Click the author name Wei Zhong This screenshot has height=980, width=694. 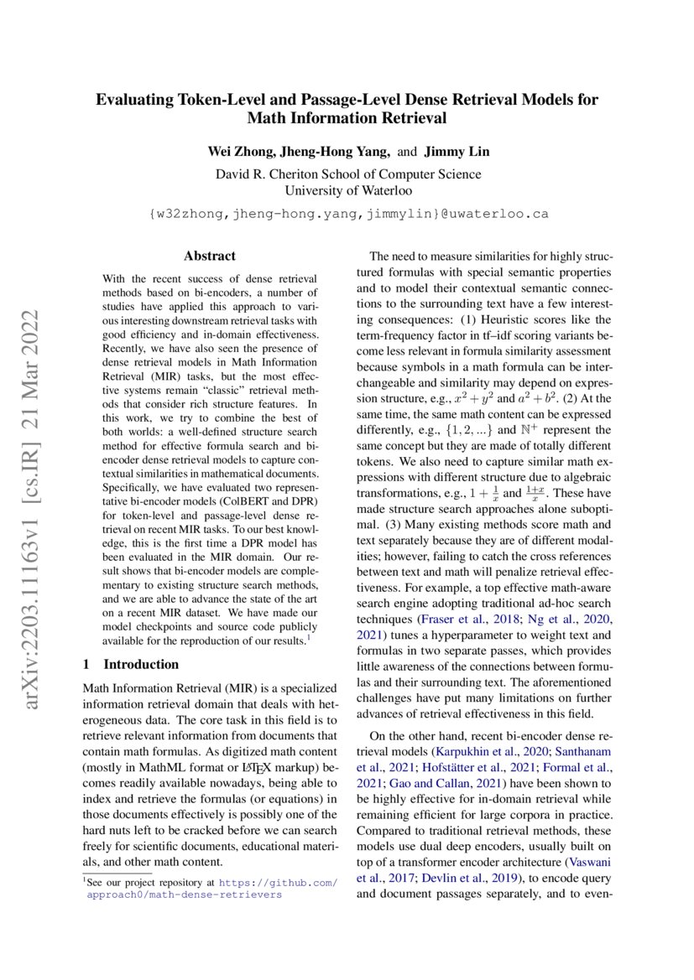coord(242,152)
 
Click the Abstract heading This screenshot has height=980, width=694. coord(209,256)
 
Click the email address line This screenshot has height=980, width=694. coord(347,214)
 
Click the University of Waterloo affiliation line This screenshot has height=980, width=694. coord(347,191)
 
